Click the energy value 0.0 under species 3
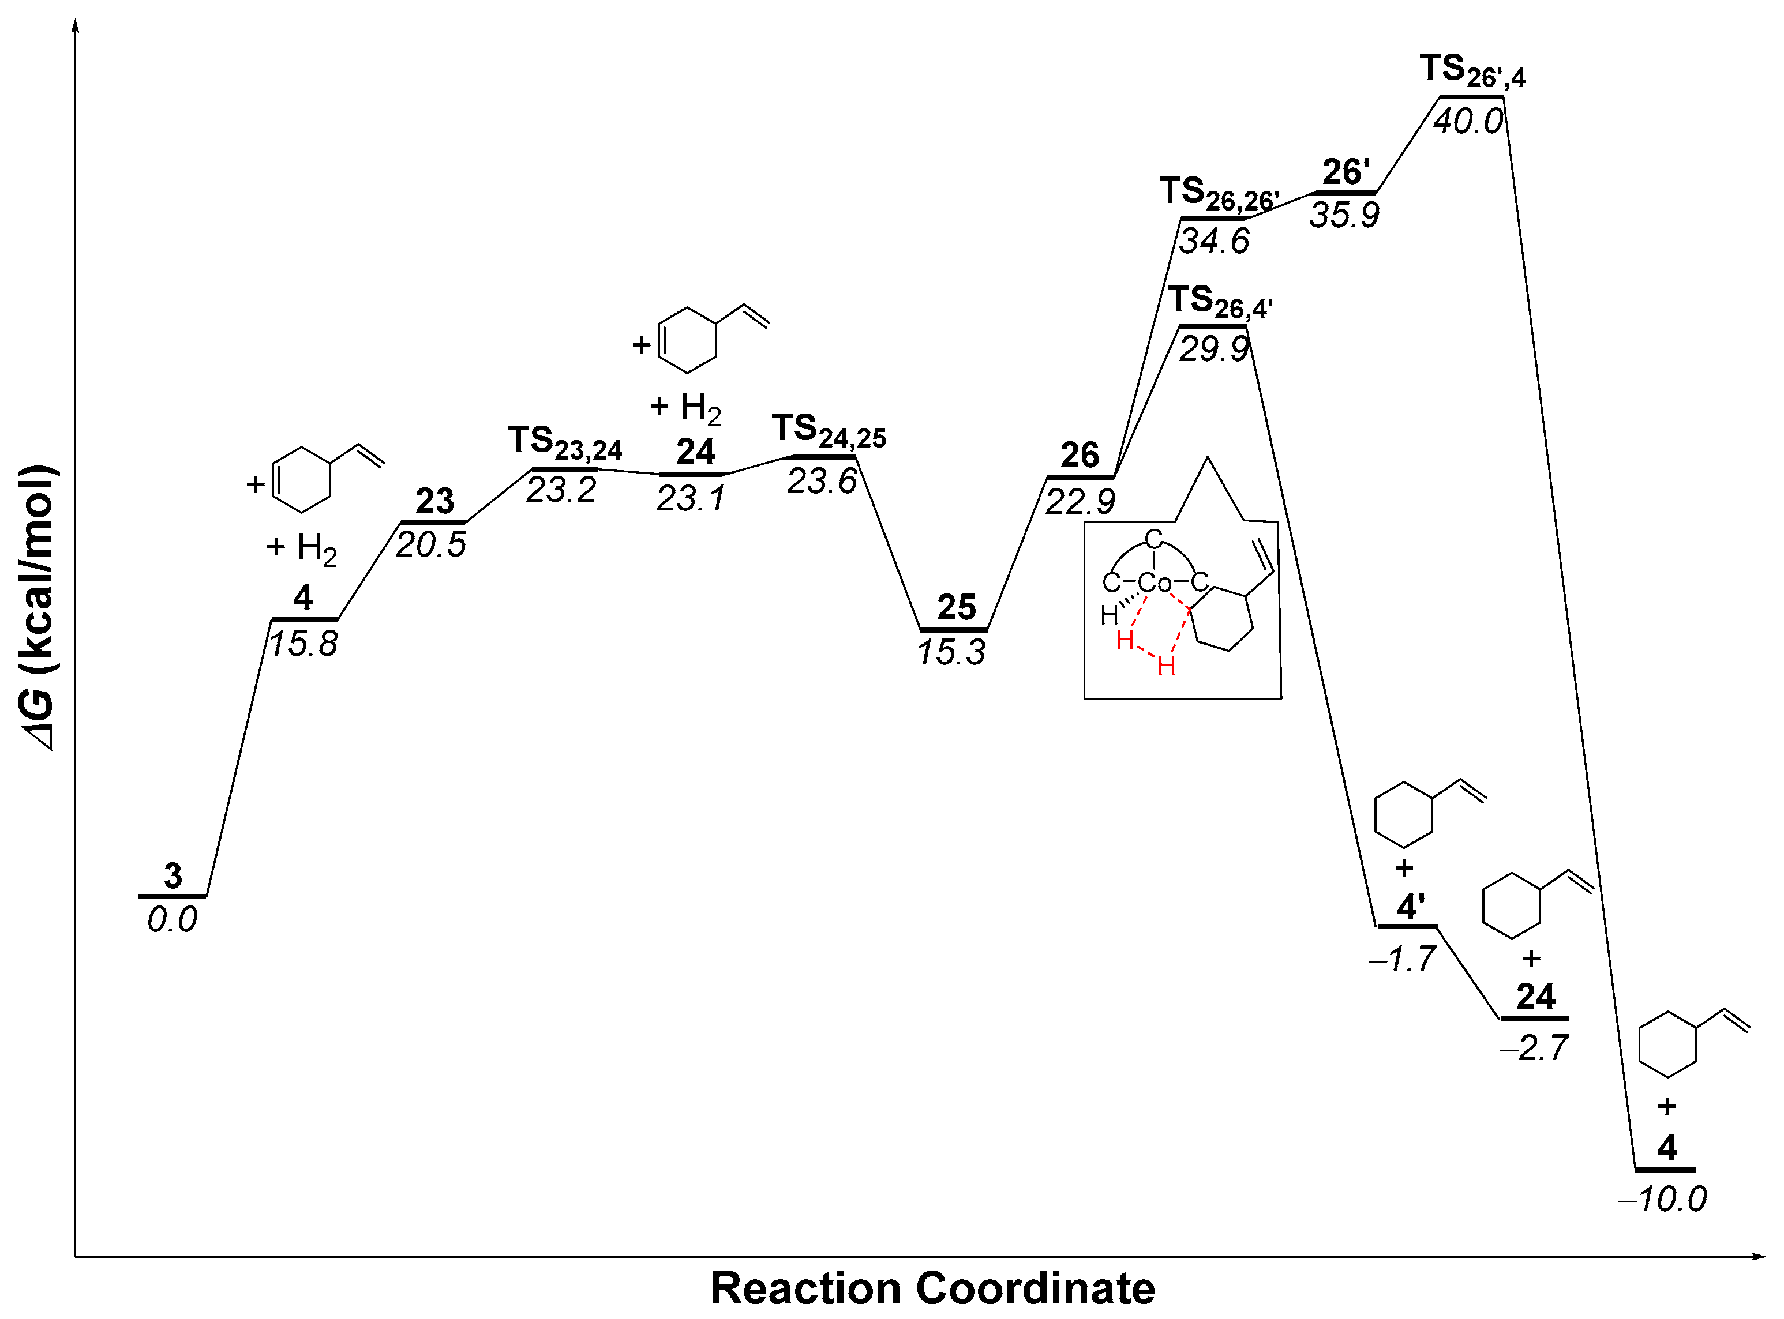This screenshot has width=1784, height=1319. [172, 920]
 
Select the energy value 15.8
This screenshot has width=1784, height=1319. [303, 644]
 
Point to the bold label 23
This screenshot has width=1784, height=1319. [434, 501]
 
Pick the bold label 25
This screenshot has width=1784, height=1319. [956, 608]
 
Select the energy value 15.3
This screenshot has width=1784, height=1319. [951, 653]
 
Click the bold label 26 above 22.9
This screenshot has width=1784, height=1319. [1080, 455]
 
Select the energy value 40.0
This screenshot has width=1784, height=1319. [1468, 121]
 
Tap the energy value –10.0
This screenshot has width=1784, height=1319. [1663, 1199]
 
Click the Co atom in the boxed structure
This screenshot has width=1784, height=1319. [1154, 584]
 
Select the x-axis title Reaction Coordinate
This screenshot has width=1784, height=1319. [933, 1288]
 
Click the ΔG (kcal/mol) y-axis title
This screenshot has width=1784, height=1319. [37, 607]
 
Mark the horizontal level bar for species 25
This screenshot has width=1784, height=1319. [954, 630]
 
